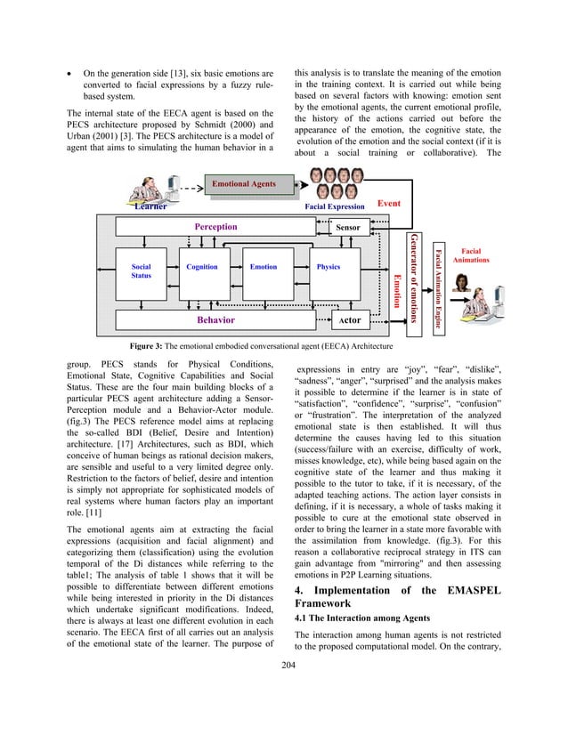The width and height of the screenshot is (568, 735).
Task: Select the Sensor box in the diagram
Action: click(347, 227)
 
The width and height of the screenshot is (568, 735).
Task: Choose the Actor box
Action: click(350, 319)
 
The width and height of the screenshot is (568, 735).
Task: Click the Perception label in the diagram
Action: click(215, 226)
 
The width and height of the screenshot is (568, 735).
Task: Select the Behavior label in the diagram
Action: click(215, 319)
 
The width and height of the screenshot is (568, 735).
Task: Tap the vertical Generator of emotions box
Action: click(414, 277)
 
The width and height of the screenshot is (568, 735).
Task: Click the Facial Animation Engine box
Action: click(438, 277)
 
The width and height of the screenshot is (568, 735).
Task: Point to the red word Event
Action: click(389, 203)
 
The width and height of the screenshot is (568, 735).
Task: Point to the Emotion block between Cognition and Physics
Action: click(264, 267)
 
